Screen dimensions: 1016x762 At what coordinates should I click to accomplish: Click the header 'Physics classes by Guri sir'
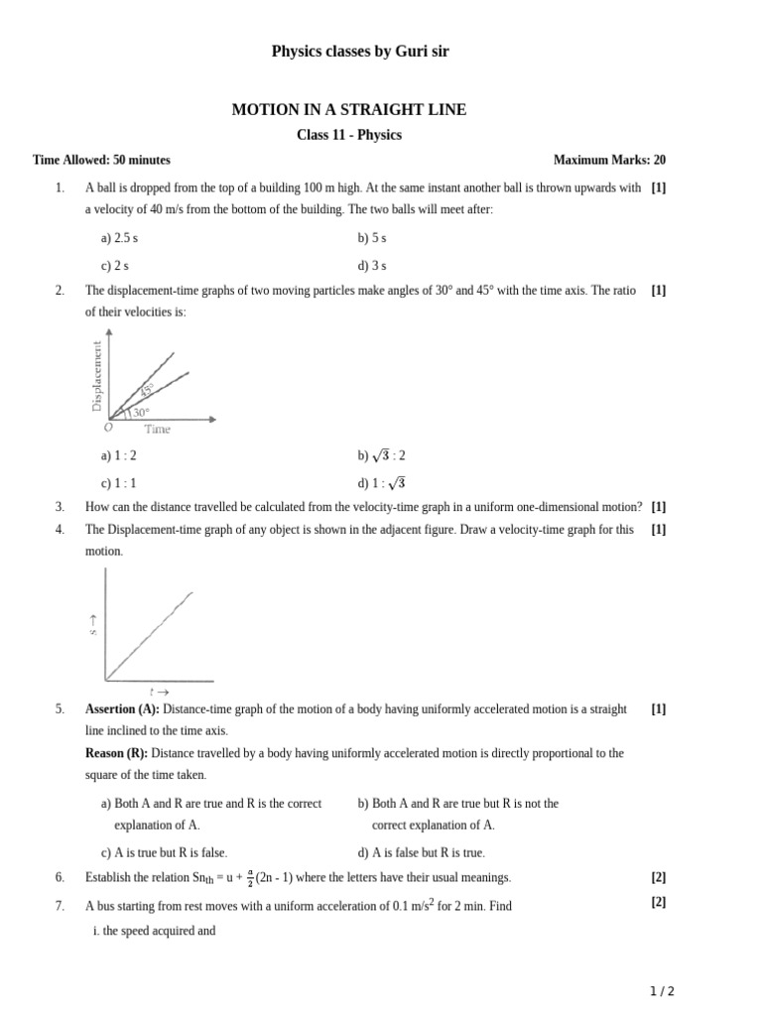pos(360,52)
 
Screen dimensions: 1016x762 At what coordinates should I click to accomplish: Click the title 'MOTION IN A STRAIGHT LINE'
pos(348,110)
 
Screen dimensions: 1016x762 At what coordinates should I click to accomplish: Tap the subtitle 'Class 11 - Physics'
pos(349,135)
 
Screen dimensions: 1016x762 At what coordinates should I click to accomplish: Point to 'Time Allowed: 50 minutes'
pos(101,160)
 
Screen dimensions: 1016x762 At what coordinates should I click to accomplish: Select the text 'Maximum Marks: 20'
pos(609,160)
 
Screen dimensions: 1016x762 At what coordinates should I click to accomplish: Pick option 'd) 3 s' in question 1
pos(372,265)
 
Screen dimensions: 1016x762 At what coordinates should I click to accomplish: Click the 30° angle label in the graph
pos(142,412)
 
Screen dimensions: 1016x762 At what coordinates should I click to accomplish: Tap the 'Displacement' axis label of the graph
pos(97,375)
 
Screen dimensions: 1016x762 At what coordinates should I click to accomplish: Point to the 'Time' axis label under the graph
pos(157,430)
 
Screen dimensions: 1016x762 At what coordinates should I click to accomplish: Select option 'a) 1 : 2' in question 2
pos(118,455)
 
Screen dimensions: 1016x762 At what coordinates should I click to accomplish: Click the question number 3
pos(61,506)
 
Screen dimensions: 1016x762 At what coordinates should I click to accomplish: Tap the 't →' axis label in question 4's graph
pos(158,691)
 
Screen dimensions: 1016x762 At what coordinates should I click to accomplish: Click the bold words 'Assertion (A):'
pos(122,709)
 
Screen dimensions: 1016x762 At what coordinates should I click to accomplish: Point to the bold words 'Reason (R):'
pos(116,753)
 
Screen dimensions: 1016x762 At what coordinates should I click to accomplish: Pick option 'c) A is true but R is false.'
pos(164,852)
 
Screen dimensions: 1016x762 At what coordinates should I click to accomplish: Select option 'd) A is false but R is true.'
pos(421,852)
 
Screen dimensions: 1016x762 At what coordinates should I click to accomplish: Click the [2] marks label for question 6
pos(659,877)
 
